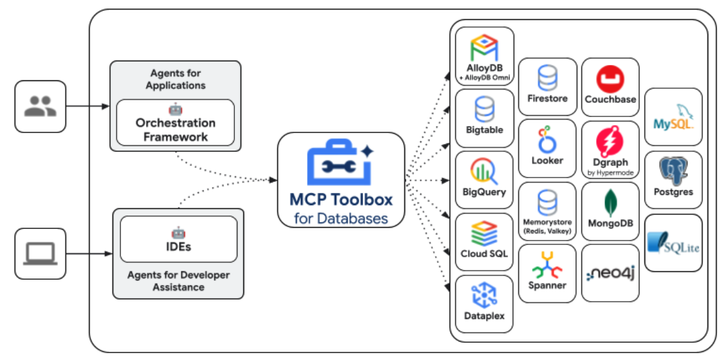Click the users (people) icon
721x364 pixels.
(x=40, y=106)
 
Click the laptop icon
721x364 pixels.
(x=40, y=253)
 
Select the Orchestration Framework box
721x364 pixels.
(x=175, y=122)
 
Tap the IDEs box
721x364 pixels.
(x=178, y=239)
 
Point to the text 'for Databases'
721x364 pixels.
(x=341, y=218)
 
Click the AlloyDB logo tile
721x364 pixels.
(x=484, y=57)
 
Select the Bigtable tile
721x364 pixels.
(x=484, y=118)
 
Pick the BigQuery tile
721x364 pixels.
(x=484, y=181)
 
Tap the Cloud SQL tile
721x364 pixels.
(x=484, y=242)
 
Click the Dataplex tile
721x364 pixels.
(x=484, y=304)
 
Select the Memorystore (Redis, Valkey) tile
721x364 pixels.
(x=547, y=212)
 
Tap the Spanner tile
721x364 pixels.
(x=547, y=273)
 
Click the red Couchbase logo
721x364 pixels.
(x=610, y=80)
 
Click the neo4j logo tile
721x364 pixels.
(x=610, y=273)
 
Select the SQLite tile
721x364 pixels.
(x=673, y=242)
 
